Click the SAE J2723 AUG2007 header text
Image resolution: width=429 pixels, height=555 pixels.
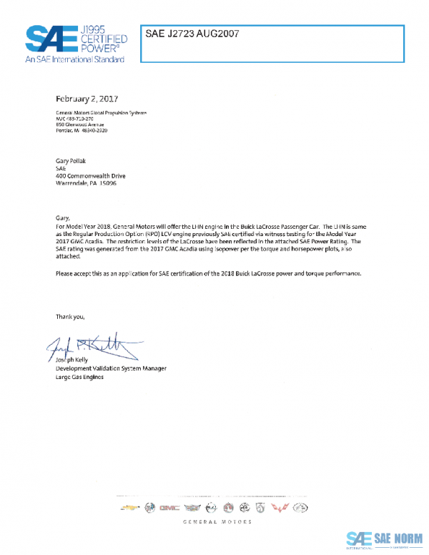point(192,34)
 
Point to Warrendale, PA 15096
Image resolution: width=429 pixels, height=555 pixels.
point(87,183)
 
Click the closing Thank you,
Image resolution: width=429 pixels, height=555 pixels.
point(74,315)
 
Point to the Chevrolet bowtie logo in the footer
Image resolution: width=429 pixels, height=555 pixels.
point(129,507)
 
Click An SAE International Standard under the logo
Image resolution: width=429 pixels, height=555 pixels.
point(74,59)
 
